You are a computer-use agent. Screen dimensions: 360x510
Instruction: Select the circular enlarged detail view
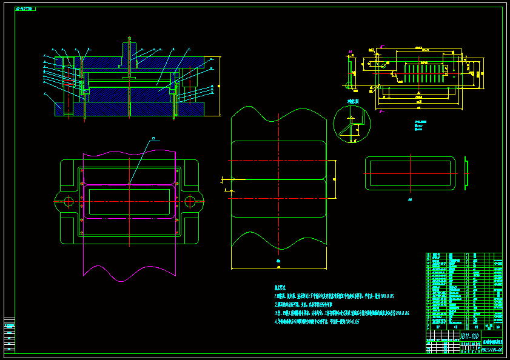(x=352, y=124)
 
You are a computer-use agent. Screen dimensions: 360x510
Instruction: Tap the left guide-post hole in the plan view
(x=68, y=201)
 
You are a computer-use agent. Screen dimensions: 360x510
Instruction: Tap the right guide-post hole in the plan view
(x=190, y=201)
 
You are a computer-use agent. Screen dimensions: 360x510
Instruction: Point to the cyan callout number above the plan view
(x=153, y=139)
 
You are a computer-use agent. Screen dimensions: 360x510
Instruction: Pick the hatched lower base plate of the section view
(x=130, y=109)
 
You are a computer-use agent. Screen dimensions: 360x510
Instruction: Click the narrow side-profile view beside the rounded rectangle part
(x=466, y=173)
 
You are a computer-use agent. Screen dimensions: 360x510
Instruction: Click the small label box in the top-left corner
(x=25, y=9)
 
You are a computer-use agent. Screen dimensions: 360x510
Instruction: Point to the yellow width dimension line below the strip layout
(x=279, y=267)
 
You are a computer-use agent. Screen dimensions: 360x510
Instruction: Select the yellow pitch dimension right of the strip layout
(x=335, y=179)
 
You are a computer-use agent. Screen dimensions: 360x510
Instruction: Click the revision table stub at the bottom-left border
(x=9, y=333)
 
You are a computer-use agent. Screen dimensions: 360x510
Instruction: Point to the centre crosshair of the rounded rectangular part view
(x=411, y=173)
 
